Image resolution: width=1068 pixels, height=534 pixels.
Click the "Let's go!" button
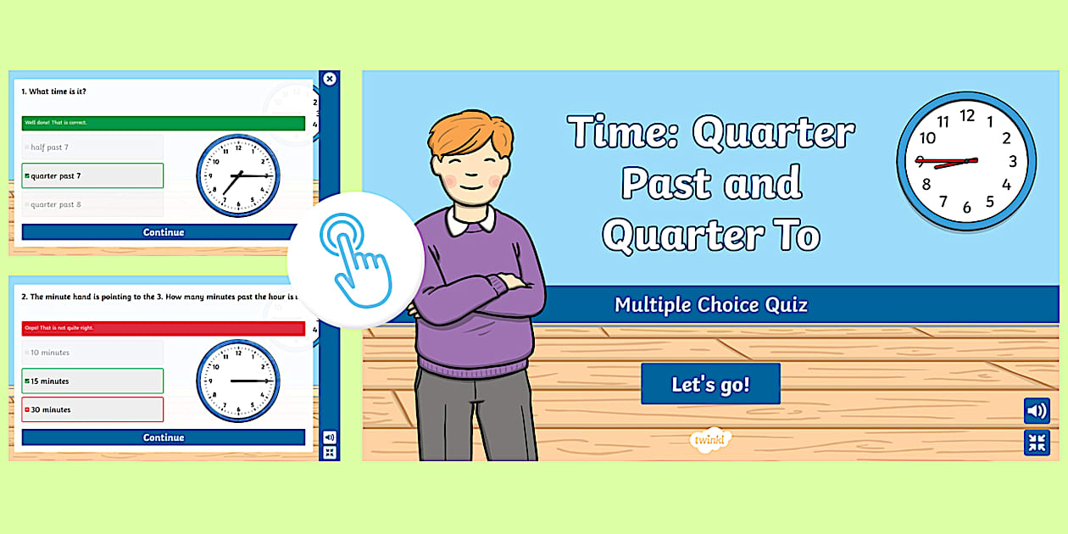click(x=710, y=384)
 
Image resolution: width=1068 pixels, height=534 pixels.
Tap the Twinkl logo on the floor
click(x=710, y=439)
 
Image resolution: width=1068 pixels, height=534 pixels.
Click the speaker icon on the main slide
click(x=1036, y=411)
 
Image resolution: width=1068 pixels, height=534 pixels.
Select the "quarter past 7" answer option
click(x=92, y=175)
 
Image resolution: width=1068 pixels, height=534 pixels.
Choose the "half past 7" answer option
click(x=92, y=147)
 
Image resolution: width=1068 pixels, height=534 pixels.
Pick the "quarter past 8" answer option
click(x=92, y=204)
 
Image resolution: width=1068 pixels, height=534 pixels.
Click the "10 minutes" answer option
click(x=92, y=353)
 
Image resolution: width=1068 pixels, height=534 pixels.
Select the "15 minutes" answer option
click(x=92, y=381)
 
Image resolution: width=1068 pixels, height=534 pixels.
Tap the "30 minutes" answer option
click(x=92, y=409)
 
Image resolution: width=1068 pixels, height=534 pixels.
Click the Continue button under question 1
click(x=163, y=232)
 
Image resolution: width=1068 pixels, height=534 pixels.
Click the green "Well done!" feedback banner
click(x=163, y=123)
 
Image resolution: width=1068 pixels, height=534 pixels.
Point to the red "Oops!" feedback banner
click(x=163, y=328)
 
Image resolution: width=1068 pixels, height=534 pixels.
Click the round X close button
click(x=330, y=79)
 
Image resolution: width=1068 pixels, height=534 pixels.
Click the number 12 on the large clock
click(x=966, y=116)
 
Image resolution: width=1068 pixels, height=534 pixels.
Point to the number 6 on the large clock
click(x=966, y=208)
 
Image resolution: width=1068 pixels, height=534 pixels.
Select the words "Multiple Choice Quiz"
click(x=710, y=304)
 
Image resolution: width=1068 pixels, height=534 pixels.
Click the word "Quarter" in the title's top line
click(x=773, y=132)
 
